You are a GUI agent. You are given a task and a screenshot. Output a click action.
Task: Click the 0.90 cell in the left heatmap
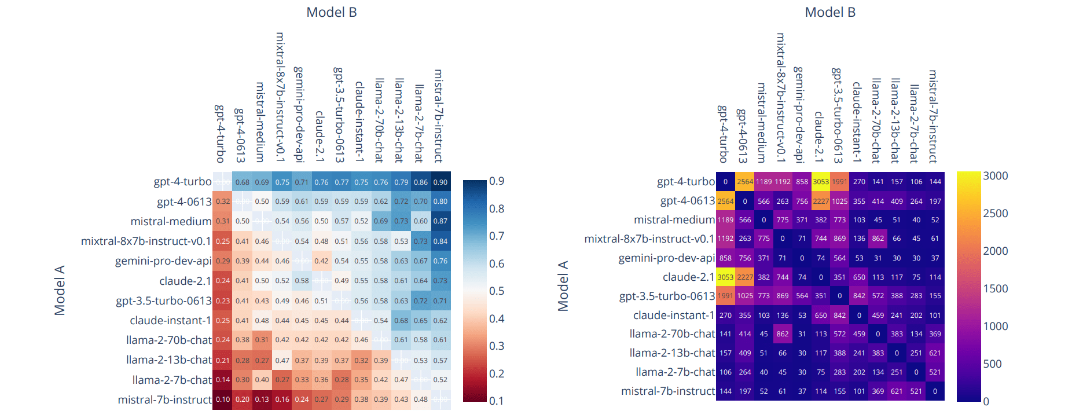[440, 182]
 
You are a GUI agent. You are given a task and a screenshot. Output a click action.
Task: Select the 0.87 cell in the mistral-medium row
[440, 221]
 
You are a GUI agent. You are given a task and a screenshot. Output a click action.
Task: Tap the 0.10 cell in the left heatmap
[223, 399]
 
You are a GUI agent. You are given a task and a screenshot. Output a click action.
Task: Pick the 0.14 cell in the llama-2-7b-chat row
[223, 380]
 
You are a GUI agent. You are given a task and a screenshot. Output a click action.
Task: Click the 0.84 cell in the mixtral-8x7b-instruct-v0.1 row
[440, 241]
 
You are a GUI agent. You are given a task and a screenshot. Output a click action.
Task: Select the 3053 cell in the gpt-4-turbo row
[821, 182]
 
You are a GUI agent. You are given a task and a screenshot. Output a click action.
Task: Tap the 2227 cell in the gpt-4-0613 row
[821, 201]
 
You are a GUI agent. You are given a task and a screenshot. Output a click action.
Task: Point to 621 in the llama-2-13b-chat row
[935, 353]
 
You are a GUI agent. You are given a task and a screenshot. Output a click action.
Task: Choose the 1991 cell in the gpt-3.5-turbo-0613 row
[725, 296]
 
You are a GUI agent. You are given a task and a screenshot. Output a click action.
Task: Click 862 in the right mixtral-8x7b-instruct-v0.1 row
[878, 239]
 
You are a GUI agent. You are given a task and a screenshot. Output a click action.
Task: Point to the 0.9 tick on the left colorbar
[497, 181]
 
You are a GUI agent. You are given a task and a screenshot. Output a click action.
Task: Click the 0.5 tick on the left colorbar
[497, 291]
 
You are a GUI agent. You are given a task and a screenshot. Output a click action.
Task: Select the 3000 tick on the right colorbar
[996, 176]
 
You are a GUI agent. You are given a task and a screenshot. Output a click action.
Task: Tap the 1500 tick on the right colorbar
[996, 289]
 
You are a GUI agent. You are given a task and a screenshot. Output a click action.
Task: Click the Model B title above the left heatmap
[331, 12]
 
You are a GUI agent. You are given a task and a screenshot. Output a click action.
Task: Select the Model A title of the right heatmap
[563, 286]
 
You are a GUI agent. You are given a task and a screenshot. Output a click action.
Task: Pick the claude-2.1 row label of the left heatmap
[185, 281]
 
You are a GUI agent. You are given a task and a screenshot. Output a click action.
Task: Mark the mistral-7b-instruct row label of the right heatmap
[668, 391]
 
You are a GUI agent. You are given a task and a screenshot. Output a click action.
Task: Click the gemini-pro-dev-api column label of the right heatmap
[799, 114]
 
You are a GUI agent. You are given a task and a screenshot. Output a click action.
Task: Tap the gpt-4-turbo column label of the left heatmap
[220, 134]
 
